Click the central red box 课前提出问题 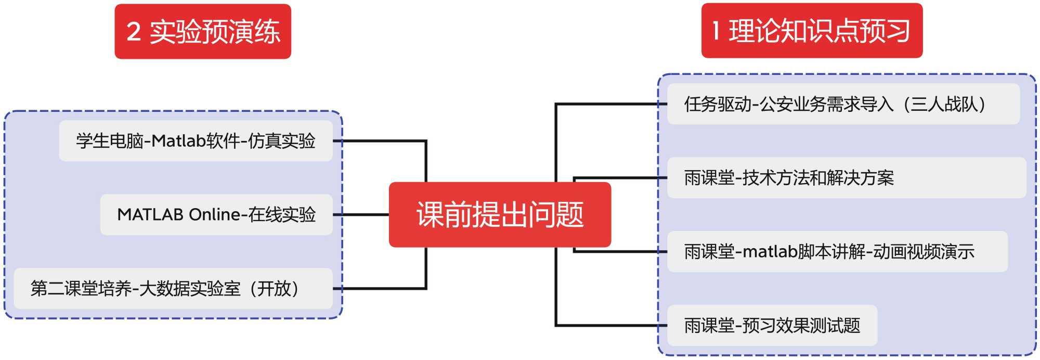coord(500,214)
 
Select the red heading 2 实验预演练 coord(203,31)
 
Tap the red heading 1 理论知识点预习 coord(812,31)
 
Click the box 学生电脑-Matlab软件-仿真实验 coord(196,141)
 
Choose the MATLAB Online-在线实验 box coord(216,214)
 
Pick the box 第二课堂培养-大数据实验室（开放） coord(173,288)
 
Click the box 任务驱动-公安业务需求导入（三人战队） coord(843,104)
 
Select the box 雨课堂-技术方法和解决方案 coord(846,178)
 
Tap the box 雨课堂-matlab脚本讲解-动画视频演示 coord(837,252)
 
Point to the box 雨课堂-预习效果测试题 coord(772,326)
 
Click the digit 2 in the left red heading coord(134,32)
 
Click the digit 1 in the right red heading coord(716,31)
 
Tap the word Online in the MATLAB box coord(214,214)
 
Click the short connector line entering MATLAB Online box coord(361,214)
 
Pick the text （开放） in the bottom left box coord(274,288)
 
